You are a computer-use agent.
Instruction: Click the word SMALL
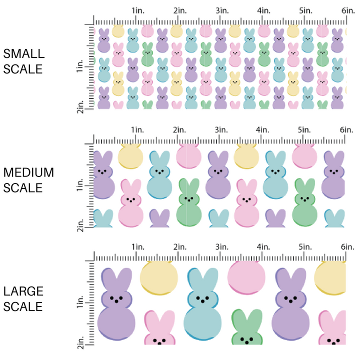tap(23, 53)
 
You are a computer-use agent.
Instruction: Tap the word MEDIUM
tap(28, 172)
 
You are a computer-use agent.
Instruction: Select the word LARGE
tap(23, 291)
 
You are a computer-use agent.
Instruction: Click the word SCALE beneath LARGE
tap(23, 306)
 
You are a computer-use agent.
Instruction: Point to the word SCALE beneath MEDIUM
tap(23, 188)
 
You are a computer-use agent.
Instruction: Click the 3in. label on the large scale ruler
tap(222, 247)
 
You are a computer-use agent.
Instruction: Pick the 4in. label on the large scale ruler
tap(264, 247)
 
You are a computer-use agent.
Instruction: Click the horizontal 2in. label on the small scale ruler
tap(180, 10)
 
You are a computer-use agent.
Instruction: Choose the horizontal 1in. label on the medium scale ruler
tap(137, 129)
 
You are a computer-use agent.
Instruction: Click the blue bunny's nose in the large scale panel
tap(203, 301)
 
